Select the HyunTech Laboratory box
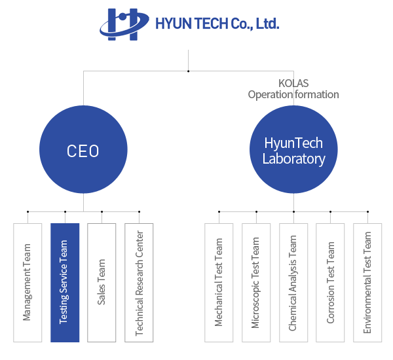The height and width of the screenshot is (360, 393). coord(293,149)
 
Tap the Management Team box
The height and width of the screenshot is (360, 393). coord(28,282)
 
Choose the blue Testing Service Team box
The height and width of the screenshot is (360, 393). coord(65,282)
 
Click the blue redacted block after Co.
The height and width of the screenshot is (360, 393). coord(267,24)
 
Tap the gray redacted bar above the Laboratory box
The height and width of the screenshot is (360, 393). coord(293,90)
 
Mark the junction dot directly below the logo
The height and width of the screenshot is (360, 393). coord(189,71)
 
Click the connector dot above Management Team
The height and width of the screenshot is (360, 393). coord(28,211)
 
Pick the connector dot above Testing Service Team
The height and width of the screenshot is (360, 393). coord(65,211)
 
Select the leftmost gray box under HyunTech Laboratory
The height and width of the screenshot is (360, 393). coord(218,282)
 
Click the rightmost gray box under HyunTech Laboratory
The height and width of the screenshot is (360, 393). coord(367,282)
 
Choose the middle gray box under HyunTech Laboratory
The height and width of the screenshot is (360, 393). coord(293,282)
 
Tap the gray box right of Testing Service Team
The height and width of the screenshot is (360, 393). coord(102,282)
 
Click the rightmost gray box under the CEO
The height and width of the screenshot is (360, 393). coord(139,282)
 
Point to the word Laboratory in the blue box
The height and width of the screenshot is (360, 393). coord(293,158)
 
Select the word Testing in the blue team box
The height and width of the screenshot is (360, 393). coord(64,310)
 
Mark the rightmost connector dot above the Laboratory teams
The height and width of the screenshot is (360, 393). coord(367,211)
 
